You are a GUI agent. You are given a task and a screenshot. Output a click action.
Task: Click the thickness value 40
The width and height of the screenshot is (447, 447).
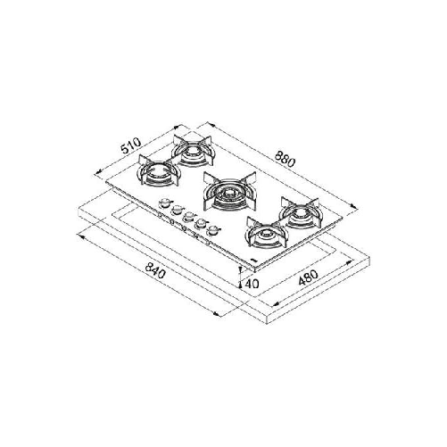(x=252, y=283)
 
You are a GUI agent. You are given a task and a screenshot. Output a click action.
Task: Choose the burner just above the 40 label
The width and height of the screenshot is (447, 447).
(x=265, y=236)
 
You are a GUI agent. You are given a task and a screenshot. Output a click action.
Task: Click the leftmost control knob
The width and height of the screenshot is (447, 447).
(x=162, y=206)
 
